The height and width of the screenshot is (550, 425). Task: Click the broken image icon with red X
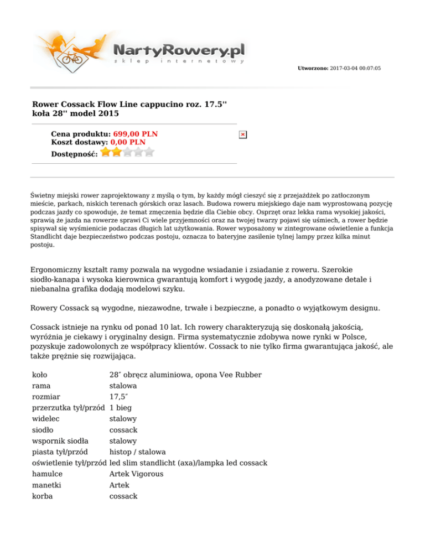pyautogui.click(x=243, y=134)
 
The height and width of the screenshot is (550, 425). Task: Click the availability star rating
pyautogui.click(x=127, y=152)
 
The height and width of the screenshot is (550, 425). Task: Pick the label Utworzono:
pyautogui.click(x=313, y=68)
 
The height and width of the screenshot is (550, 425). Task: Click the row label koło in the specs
pyautogui.click(x=40, y=375)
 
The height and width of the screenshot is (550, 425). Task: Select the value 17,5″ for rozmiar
pyautogui.click(x=117, y=397)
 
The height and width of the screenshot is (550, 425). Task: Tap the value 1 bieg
pyautogui.click(x=121, y=408)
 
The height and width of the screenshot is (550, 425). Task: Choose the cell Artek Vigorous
pyautogui.click(x=136, y=474)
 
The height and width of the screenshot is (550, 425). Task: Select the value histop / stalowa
pyautogui.click(x=137, y=452)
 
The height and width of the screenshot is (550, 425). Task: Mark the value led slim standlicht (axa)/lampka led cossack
pyautogui.click(x=189, y=463)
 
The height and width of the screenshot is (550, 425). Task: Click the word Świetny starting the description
pyautogui.click(x=43, y=195)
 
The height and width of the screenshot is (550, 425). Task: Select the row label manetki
pyautogui.click(x=46, y=485)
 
